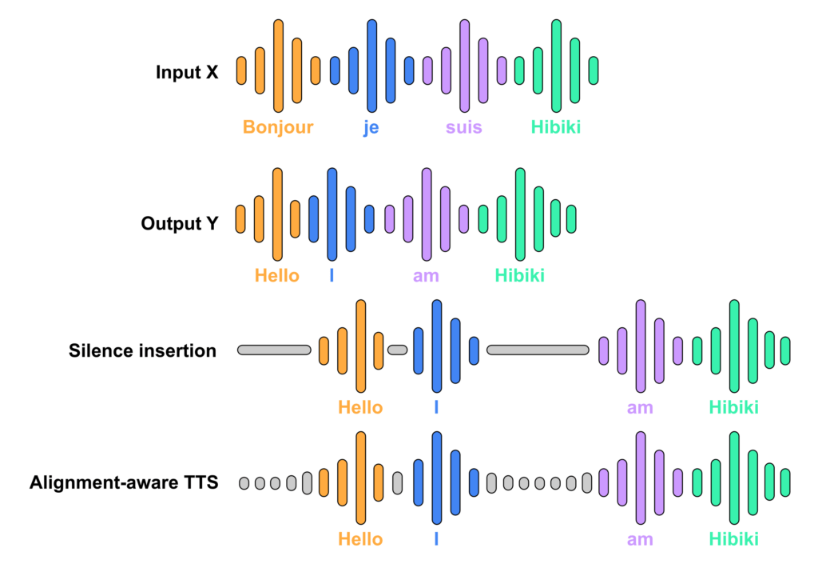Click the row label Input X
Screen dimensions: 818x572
[x=187, y=72]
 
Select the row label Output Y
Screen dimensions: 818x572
[x=180, y=223]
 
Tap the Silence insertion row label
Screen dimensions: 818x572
[x=142, y=350]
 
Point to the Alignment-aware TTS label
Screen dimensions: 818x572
[x=124, y=482]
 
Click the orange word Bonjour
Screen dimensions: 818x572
[x=278, y=127]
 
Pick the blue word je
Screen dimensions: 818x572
[x=371, y=128]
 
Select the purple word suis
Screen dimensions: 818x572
[x=464, y=127]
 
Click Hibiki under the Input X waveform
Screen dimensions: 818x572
[x=556, y=127]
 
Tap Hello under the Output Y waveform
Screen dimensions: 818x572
[x=277, y=276]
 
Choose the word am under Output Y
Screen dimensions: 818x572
[x=426, y=276]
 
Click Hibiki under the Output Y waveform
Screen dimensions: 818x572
[x=519, y=276]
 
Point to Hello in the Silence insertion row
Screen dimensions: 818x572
[x=360, y=407]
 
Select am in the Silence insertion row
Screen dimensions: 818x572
[x=640, y=407]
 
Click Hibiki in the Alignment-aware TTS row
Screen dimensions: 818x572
[x=733, y=539]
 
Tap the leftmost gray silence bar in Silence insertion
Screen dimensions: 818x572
[x=275, y=350]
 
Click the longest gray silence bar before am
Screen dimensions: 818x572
[x=538, y=350]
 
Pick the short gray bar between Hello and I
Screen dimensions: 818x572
[x=398, y=350]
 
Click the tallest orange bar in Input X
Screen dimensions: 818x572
[x=279, y=66]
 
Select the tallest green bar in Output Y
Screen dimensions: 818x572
[x=520, y=214]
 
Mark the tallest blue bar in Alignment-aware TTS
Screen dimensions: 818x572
[x=437, y=478]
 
